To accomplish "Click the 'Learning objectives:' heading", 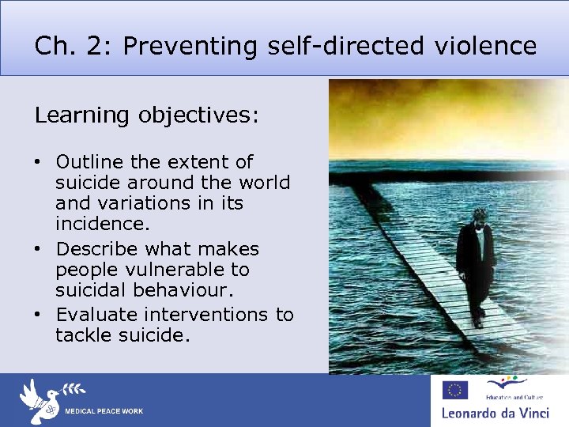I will (146, 115).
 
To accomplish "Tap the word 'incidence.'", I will (103, 225).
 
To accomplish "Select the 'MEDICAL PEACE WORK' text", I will (104, 412).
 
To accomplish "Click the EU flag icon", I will (456, 389).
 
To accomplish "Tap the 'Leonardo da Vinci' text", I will (498, 413).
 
